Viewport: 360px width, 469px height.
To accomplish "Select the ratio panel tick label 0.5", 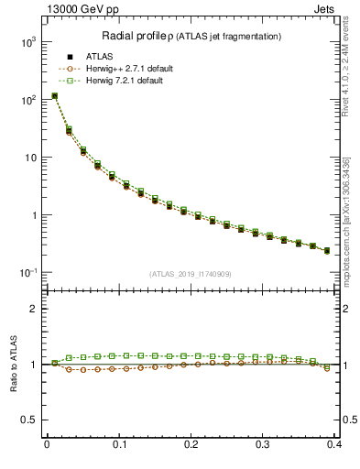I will click(x=29, y=420).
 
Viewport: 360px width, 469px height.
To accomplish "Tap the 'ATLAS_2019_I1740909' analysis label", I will click(x=191, y=274).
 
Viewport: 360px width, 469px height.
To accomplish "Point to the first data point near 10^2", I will click(x=54, y=95).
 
